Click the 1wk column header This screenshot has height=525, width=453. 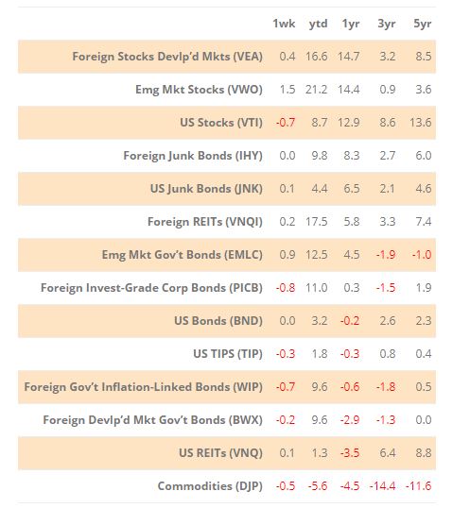point(284,24)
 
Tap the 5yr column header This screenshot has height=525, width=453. point(422,24)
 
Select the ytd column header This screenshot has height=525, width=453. point(318,24)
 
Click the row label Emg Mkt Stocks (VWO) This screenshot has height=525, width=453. point(199,90)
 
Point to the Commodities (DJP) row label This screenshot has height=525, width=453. point(210,486)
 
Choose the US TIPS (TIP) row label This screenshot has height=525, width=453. point(228,353)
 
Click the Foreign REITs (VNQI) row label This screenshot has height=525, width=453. point(205,221)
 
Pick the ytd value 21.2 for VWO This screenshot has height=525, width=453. point(316,90)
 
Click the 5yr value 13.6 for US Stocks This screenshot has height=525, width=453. point(421,122)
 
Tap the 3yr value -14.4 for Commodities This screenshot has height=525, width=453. point(383,486)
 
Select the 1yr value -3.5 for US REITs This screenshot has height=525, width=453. point(350,452)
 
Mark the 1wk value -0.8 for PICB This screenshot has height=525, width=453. point(286,288)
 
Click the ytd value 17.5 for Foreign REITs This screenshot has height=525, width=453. point(316,221)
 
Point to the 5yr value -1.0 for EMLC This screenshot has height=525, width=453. point(422,254)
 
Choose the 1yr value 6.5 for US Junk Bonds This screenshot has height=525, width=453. point(352,189)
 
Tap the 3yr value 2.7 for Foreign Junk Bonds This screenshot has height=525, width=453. point(388,156)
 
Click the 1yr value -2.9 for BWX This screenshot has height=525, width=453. point(350,420)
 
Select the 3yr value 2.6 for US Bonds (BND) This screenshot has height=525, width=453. point(388,320)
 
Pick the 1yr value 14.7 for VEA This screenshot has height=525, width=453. point(349,57)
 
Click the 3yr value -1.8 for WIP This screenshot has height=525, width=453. point(386,387)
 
